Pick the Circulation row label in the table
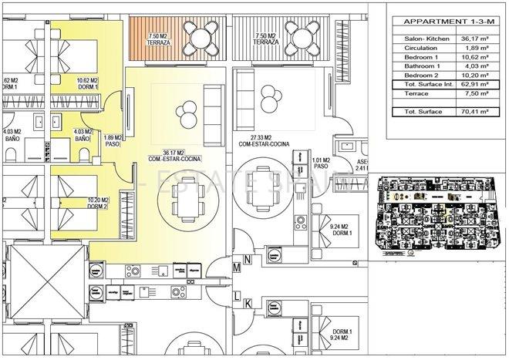coord(421,48)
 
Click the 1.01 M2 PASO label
coord(322,163)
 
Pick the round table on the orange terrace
coord(204,35)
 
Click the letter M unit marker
coord(237,267)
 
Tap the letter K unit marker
coord(248,304)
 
